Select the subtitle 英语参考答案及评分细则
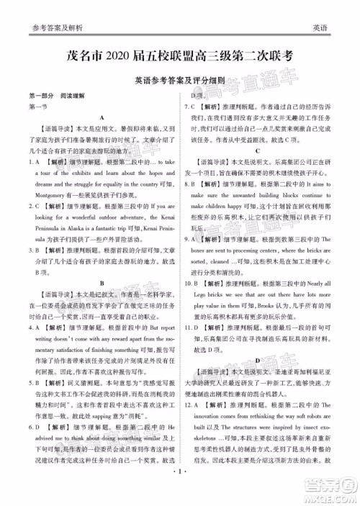point(180,82)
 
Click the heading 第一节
point(35,107)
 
